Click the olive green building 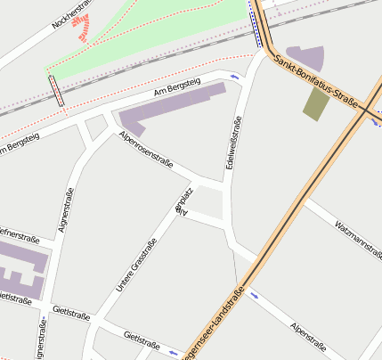(315, 104)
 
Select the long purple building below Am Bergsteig (169, 109)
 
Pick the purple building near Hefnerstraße (20, 268)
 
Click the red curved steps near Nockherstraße (82, 29)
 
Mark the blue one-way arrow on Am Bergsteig (234, 78)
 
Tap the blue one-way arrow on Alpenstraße (255, 293)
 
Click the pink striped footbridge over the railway (56, 91)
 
